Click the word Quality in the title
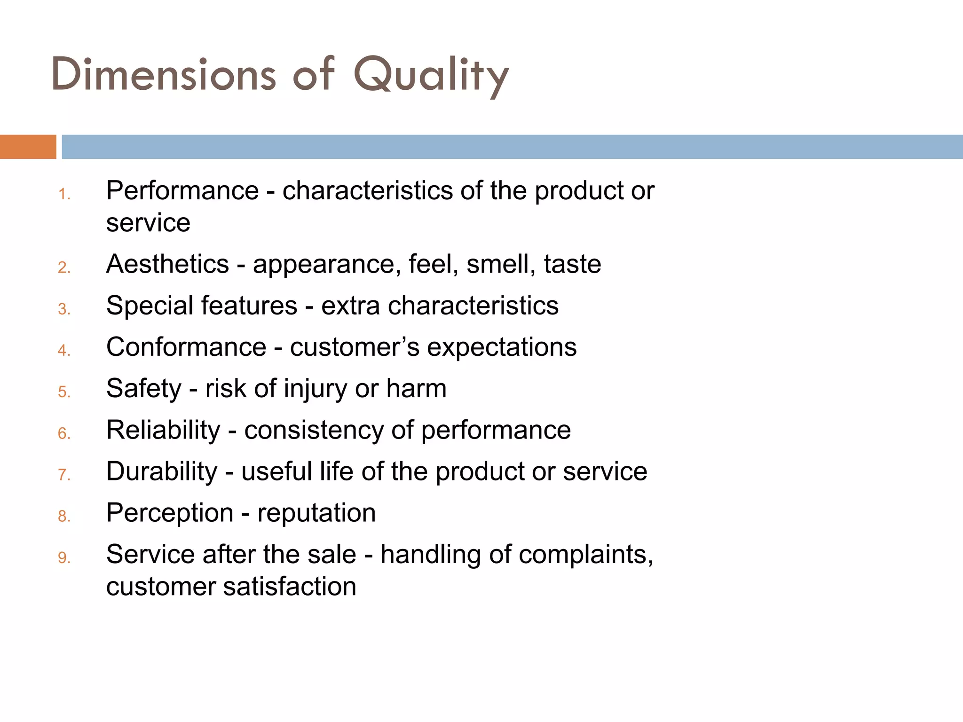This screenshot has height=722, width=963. pos(431,75)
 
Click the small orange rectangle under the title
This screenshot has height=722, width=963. pos(28,147)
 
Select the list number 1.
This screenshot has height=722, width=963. pos(64,194)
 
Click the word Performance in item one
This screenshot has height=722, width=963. pos(182,191)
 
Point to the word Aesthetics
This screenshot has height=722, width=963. pos(167,264)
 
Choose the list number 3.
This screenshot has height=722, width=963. pos(64,309)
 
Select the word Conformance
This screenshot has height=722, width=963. pos(186,347)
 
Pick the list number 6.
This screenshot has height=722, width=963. pos(64,433)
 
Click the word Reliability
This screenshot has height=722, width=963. pos(163,430)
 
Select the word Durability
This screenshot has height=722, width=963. pos(162,471)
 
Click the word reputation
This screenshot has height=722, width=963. pos(316,513)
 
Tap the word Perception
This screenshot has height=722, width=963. pos(170,513)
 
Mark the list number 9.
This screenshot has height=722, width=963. pos(64,558)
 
